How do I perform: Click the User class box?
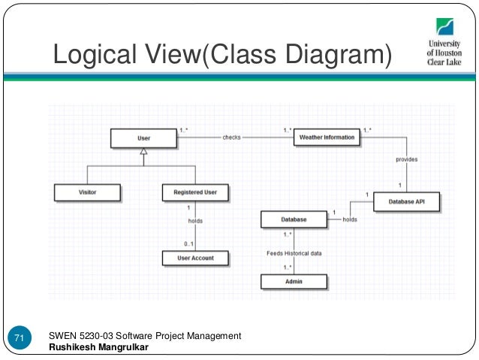click(143, 138)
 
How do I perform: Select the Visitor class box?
click(87, 192)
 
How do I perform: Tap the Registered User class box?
click(195, 192)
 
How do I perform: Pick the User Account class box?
click(195, 258)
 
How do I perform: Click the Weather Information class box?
click(327, 138)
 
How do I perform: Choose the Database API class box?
click(407, 201)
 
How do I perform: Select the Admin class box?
click(294, 282)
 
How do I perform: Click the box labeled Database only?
click(294, 219)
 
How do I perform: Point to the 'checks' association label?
click(231, 138)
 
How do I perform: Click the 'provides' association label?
click(407, 159)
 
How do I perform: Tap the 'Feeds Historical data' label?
click(294, 253)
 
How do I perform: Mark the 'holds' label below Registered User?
click(195, 221)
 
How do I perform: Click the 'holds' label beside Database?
click(350, 219)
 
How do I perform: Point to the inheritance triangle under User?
click(143, 152)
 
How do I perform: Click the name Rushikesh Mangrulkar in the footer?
click(98, 347)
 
